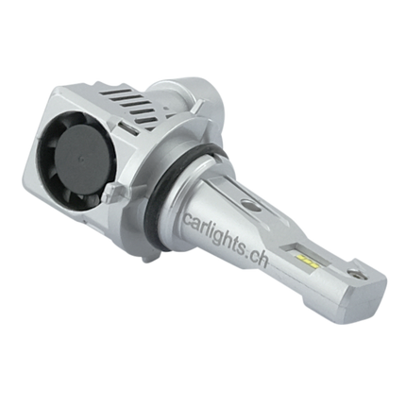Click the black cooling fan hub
(82, 160)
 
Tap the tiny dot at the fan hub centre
(81, 160)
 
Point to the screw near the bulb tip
(355, 273)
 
